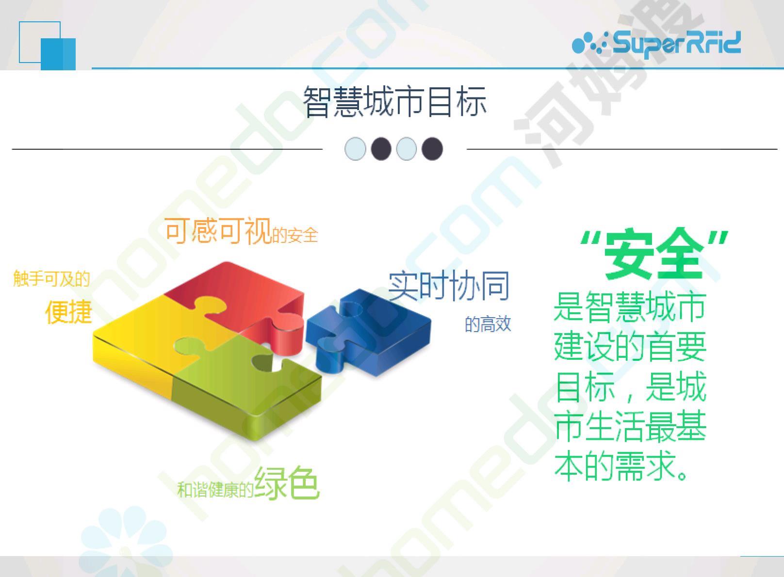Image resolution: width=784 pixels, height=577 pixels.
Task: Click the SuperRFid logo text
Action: coord(677,43)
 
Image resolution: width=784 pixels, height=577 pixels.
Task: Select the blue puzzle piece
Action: coord(368,332)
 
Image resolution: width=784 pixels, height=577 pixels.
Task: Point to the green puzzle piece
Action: coord(245,385)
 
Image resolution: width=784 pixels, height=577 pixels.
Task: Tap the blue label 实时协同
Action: coord(449,286)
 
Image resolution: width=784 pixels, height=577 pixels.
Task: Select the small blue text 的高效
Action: coord(488,324)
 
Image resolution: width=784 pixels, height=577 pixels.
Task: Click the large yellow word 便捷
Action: coord(68,311)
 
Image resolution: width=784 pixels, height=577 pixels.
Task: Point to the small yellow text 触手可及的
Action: coord(51,279)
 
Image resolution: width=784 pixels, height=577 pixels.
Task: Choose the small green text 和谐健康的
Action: coord(215,490)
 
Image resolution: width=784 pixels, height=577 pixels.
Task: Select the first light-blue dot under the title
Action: coord(355,149)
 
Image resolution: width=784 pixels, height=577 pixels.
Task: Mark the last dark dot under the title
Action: coord(432,149)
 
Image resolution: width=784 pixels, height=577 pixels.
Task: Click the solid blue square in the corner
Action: coord(58,54)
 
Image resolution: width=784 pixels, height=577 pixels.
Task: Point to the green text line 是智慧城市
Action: coord(630,307)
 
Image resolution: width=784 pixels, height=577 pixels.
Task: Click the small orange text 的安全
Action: coord(295,235)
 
